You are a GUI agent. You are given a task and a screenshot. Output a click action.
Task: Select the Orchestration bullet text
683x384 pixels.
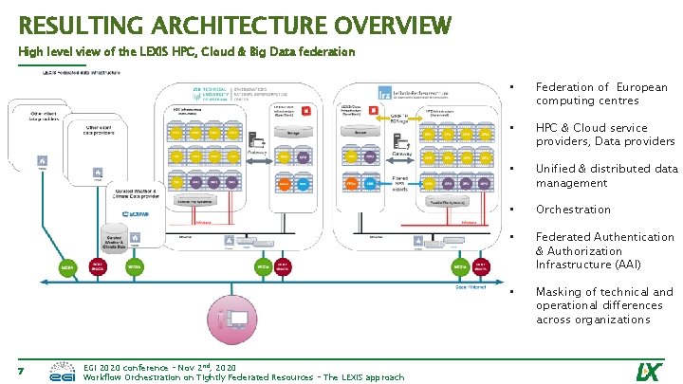point(573,210)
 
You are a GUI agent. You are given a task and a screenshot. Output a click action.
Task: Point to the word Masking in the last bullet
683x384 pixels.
point(559,292)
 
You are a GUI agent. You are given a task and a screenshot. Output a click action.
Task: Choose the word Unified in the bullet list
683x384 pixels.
point(558,169)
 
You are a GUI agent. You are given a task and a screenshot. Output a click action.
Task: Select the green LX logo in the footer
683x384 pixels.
point(648,370)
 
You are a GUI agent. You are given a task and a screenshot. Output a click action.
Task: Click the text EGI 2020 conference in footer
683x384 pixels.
point(123,366)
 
